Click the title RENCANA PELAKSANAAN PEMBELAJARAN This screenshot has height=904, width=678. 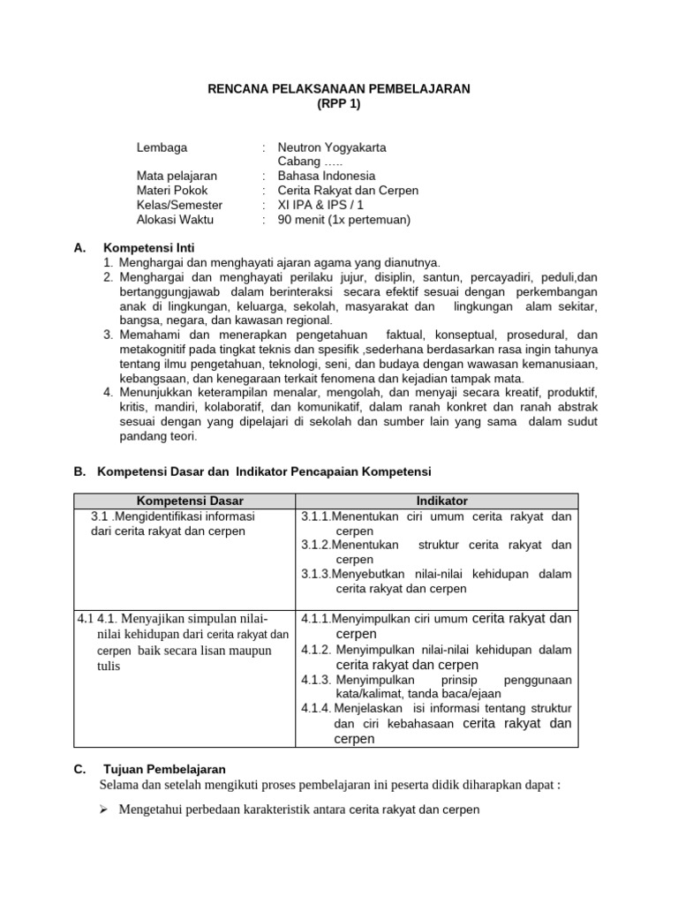339,89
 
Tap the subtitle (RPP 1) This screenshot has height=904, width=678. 339,103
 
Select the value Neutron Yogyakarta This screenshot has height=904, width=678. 332,147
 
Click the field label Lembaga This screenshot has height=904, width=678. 162,147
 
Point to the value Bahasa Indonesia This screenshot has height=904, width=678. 326,176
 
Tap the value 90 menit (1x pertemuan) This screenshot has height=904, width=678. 344,220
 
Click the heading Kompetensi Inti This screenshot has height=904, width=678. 148,248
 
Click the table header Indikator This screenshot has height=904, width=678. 438,501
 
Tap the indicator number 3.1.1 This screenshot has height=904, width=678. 316,516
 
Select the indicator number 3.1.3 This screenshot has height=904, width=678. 316,575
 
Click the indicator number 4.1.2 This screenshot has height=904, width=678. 317,650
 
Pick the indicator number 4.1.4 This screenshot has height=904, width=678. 317,708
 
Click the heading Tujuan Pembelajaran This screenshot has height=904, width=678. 164,769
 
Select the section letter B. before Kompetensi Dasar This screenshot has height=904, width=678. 80,472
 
